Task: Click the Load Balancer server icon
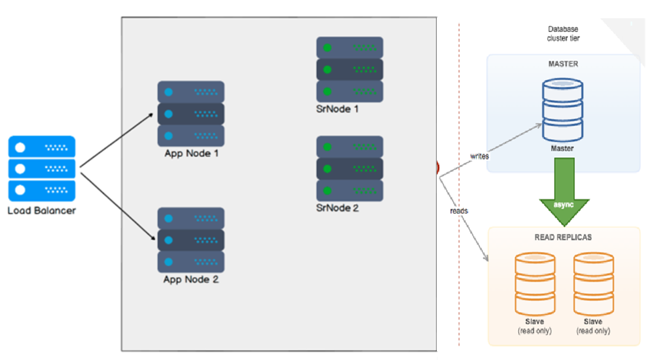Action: pyautogui.click(x=42, y=168)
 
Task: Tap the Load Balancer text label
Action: pyautogui.click(x=42, y=210)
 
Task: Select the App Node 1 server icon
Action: pyautogui.click(x=191, y=114)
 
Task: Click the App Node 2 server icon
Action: pyautogui.click(x=191, y=240)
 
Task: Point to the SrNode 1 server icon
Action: pyautogui.click(x=349, y=69)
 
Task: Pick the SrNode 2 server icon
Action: pyautogui.click(x=349, y=169)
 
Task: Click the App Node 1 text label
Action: pyautogui.click(x=191, y=154)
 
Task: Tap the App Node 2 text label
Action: pyautogui.click(x=191, y=280)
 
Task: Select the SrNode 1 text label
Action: pyautogui.click(x=338, y=108)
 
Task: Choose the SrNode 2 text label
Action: pyautogui.click(x=338, y=208)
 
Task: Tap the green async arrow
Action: pyautogui.click(x=564, y=192)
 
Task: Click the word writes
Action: pyautogui.click(x=479, y=156)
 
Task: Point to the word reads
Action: pyautogui.click(x=459, y=210)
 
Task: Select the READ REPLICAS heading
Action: pyautogui.click(x=563, y=238)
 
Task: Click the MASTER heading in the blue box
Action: pyautogui.click(x=563, y=63)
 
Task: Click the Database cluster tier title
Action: pyautogui.click(x=563, y=33)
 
